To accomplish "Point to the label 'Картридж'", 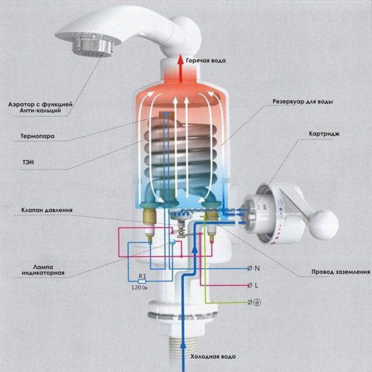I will (x=323, y=134).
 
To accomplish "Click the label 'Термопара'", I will (x=37, y=136).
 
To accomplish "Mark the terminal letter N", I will (x=257, y=268).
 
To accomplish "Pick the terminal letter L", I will (x=257, y=285).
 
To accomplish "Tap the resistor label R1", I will (x=141, y=276).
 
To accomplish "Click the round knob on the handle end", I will (x=324, y=223).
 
